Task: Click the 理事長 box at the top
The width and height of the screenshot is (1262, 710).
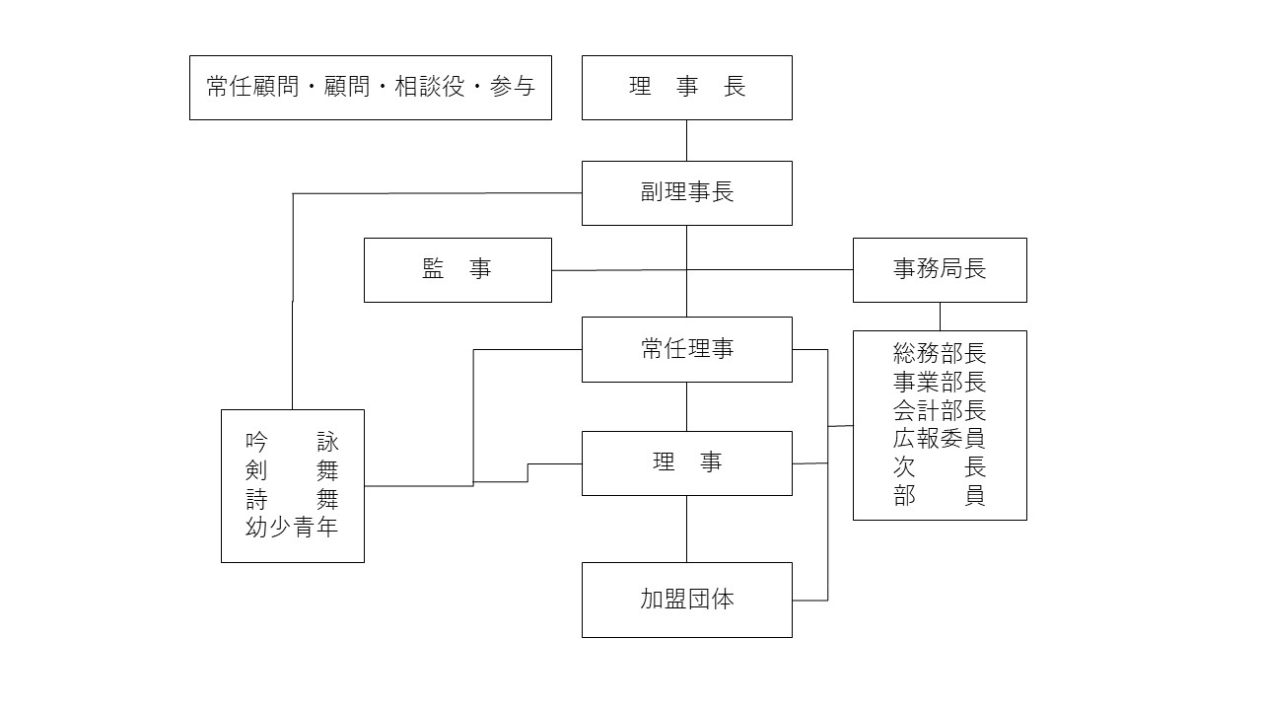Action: tap(686, 88)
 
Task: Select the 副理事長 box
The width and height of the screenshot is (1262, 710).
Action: tap(686, 192)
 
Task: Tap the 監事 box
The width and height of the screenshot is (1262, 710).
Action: tap(457, 269)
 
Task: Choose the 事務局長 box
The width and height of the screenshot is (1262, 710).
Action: tap(939, 269)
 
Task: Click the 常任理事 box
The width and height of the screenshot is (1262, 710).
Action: tap(686, 349)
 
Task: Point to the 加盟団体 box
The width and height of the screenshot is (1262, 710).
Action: tap(686, 600)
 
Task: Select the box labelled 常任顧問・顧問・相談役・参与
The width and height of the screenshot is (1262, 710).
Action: tap(370, 88)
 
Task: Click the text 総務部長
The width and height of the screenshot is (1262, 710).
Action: tap(939, 353)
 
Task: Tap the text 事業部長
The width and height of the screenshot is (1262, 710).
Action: tap(939, 382)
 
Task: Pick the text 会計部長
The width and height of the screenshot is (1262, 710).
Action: tap(939, 410)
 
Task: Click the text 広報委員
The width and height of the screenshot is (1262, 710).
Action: tap(939, 439)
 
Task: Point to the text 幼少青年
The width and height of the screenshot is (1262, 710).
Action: tap(292, 528)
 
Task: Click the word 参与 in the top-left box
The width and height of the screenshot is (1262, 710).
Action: tap(512, 88)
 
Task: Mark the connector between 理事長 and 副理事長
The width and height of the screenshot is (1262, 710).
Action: tap(686, 140)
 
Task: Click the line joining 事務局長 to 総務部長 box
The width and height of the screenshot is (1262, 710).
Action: tap(939, 316)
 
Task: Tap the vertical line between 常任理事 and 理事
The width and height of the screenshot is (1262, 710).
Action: tap(686, 406)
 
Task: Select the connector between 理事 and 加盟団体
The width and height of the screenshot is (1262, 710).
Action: tap(686, 529)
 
